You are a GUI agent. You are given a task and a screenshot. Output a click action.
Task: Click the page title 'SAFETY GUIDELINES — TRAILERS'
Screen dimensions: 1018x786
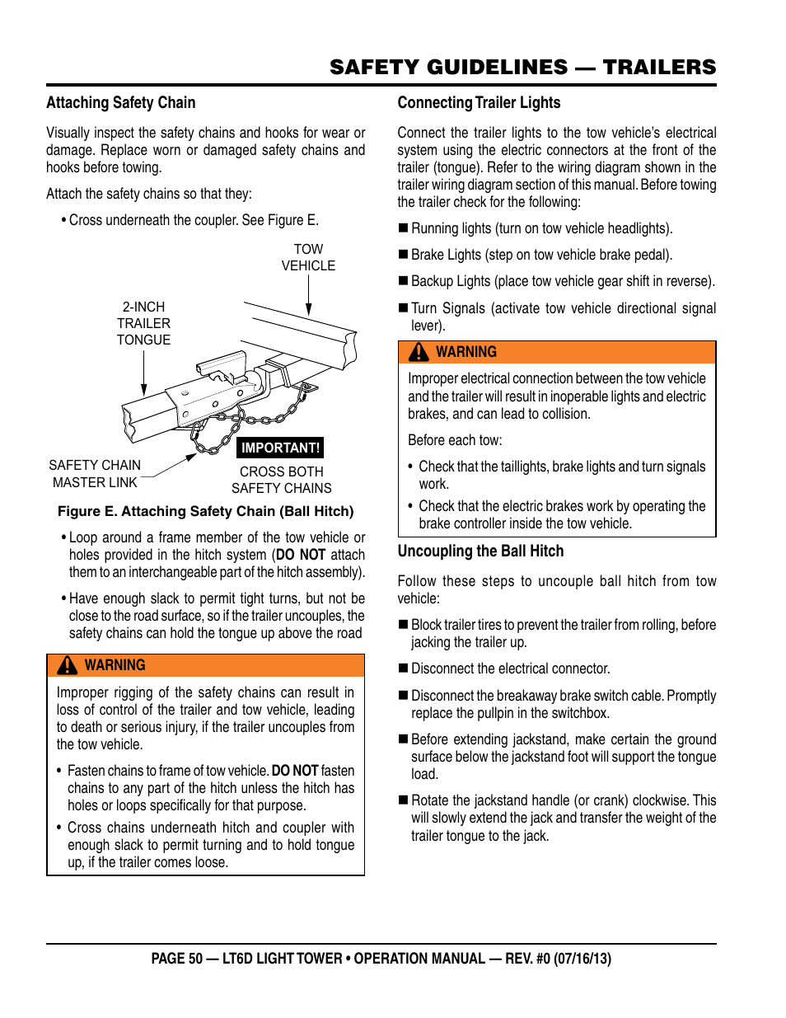tap(522, 68)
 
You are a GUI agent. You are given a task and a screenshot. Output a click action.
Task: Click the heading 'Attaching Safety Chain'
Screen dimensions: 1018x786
tap(121, 103)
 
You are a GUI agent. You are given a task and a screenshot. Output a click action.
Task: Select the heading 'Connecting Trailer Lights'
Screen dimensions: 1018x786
tap(479, 103)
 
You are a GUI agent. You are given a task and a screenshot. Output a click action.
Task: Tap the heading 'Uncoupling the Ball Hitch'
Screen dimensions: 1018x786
tap(480, 551)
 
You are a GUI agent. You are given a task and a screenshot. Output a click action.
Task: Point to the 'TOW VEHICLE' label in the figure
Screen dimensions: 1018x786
tap(308, 257)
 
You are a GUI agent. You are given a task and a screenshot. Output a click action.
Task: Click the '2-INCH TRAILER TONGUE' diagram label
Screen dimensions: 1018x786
tap(143, 323)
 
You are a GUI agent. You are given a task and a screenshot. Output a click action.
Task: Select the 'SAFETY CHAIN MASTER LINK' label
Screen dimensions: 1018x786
tap(95, 474)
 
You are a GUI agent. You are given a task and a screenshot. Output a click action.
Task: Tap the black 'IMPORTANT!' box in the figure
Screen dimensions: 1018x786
tap(280, 448)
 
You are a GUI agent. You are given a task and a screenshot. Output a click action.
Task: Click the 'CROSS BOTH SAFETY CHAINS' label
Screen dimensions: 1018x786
tap(282, 480)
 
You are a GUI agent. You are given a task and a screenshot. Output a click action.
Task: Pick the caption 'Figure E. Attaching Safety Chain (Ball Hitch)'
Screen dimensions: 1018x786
tap(205, 511)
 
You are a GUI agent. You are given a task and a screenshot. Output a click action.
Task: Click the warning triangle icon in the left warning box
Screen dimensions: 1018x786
tap(68, 665)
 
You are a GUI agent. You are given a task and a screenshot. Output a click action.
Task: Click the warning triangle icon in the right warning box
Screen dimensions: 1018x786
tap(419, 352)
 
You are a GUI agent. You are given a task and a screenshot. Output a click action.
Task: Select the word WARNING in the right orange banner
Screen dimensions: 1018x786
tap(466, 352)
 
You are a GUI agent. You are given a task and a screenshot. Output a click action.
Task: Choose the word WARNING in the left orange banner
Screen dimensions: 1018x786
tap(115, 665)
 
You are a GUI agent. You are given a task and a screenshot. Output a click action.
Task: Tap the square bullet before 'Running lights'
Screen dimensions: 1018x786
tap(404, 228)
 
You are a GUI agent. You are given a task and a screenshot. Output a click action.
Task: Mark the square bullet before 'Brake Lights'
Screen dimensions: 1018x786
tap(404, 255)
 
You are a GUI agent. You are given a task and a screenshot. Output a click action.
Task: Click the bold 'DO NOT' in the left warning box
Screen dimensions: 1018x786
tap(294, 771)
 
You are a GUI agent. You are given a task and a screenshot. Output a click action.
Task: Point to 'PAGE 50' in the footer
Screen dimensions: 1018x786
tap(176, 959)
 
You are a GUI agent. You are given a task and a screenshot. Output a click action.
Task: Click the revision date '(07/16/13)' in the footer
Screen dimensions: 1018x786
tap(582, 959)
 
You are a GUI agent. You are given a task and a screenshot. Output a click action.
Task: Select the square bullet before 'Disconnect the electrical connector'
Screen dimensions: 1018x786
tap(404, 669)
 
